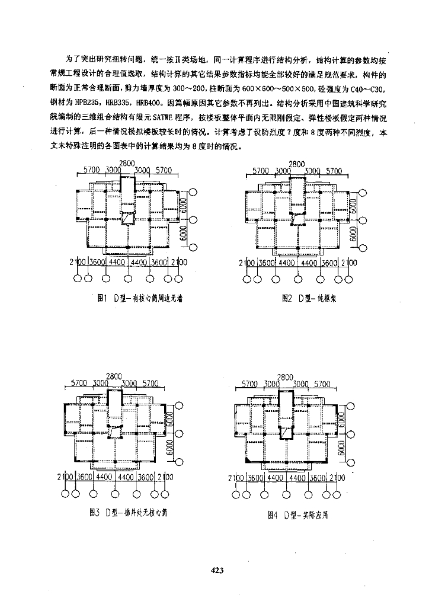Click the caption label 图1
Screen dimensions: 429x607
[x=101, y=299]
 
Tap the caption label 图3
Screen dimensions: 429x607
[x=93, y=511]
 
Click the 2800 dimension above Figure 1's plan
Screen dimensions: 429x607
[x=129, y=164]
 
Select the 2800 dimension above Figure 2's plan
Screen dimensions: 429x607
[x=297, y=164]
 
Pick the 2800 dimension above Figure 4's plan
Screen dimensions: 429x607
[x=285, y=377]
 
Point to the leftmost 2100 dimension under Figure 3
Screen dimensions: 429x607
[x=64, y=477]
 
